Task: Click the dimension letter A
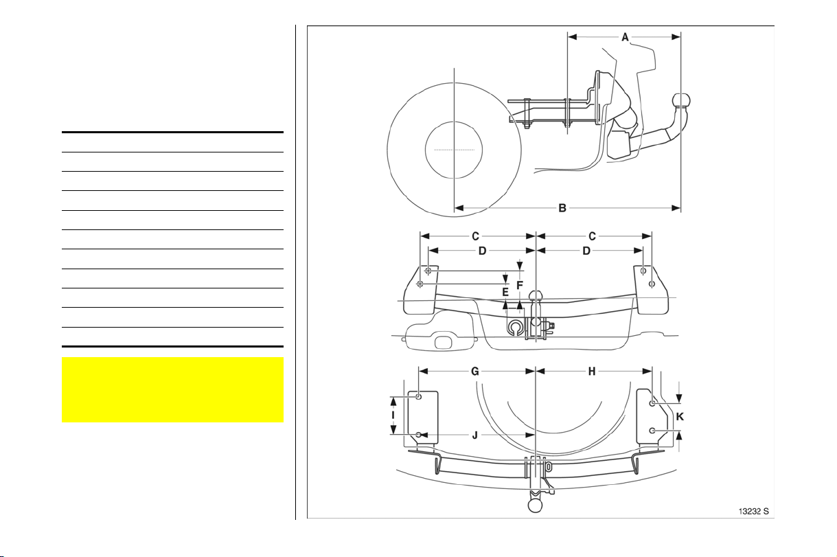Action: pyautogui.click(x=625, y=37)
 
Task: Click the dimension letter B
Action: pyautogui.click(x=562, y=208)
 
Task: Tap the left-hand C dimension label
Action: pyautogui.click(x=475, y=236)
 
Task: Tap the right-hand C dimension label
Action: pyautogui.click(x=592, y=236)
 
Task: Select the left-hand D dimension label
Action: pyautogui.click(x=483, y=251)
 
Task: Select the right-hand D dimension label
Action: pyautogui.click(x=586, y=251)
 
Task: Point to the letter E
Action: pyautogui.click(x=505, y=292)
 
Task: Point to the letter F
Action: pyautogui.click(x=519, y=286)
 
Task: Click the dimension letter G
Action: pyautogui.click(x=474, y=372)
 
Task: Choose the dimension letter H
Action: pyautogui.click(x=592, y=372)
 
